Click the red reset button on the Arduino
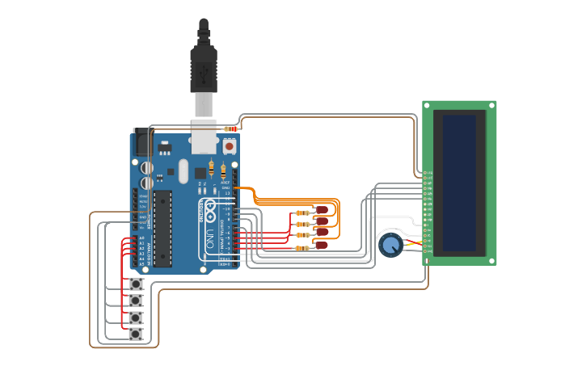(229, 147)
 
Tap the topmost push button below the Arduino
(136, 284)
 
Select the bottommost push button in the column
(136, 334)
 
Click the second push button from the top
(136, 301)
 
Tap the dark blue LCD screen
(459, 183)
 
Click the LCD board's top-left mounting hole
(427, 105)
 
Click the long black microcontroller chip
(163, 229)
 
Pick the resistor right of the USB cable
(232, 128)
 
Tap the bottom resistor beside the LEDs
(301, 248)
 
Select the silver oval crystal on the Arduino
(183, 170)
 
